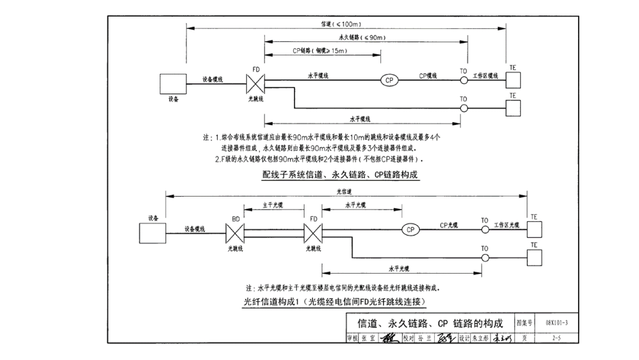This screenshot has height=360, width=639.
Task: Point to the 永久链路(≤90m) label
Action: click(367, 38)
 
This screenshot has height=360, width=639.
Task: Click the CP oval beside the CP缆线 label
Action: click(389, 81)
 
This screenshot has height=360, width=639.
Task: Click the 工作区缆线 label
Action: click(485, 76)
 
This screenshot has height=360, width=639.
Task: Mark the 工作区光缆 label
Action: click(506, 225)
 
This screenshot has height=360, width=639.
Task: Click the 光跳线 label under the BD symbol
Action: click(235, 249)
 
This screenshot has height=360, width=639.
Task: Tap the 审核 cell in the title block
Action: click(353, 338)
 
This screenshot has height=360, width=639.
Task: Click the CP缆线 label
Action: click(428, 76)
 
